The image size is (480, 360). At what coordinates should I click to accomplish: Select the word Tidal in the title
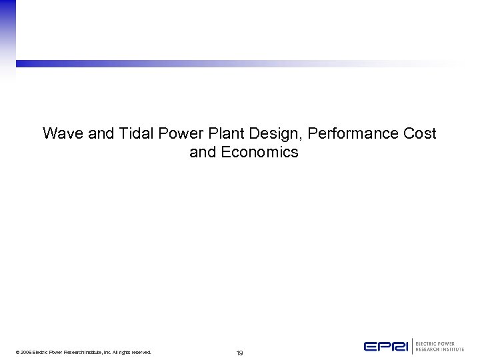coord(136,133)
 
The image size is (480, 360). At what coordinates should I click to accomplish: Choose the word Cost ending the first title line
coord(420,133)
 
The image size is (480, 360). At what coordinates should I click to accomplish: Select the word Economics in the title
coord(259,152)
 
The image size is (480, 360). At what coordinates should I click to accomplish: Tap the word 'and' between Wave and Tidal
coord(101,133)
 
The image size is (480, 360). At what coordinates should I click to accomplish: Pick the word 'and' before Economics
coord(203,152)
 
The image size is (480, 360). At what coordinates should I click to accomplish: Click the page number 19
coord(239,353)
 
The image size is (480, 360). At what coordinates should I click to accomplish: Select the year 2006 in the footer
coord(25,352)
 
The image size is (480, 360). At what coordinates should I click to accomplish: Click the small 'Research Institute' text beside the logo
coord(439,349)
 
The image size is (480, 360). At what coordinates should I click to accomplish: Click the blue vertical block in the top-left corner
coord(7,30)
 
